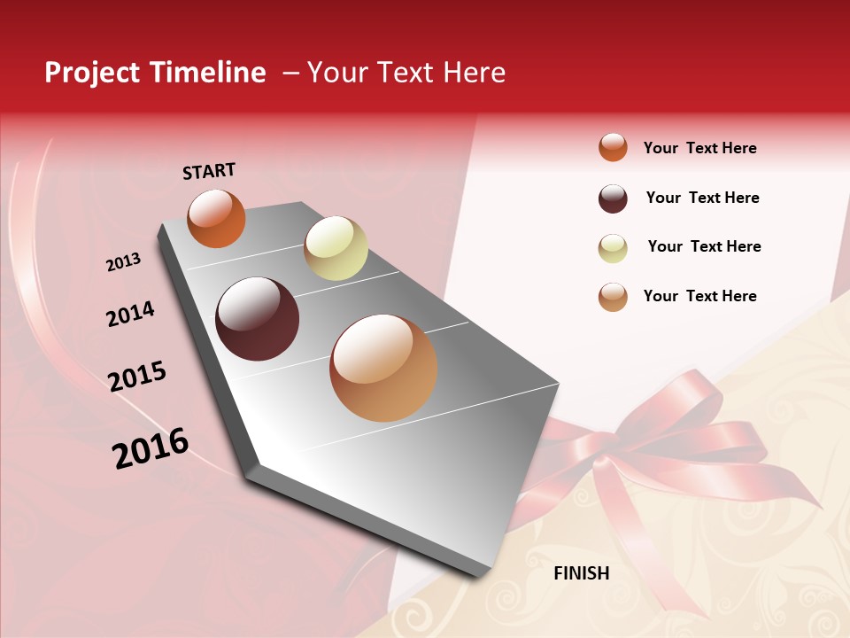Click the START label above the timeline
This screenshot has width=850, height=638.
(209, 171)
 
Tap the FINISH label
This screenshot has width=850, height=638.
(581, 573)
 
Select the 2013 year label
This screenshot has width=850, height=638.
(123, 262)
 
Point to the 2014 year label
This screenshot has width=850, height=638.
(130, 314)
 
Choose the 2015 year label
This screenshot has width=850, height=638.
(136, 377)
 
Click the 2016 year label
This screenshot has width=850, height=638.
(151, 448)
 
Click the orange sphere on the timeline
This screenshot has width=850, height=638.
(217, 218)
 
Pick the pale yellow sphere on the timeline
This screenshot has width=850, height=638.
(336, 248)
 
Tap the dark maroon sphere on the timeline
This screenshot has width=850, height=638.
(258, 319)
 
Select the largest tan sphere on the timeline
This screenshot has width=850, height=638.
(383, 368)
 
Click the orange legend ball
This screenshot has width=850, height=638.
(613, 147)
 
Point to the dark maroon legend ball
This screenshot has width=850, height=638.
(613, 198)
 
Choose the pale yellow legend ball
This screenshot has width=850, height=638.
(613, 248)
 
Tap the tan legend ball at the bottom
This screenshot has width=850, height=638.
(613, 297)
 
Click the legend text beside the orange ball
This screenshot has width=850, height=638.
(699, 148)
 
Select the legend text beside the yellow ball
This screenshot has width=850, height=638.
(704, 246)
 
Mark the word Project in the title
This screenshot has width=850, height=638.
(91, 73)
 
